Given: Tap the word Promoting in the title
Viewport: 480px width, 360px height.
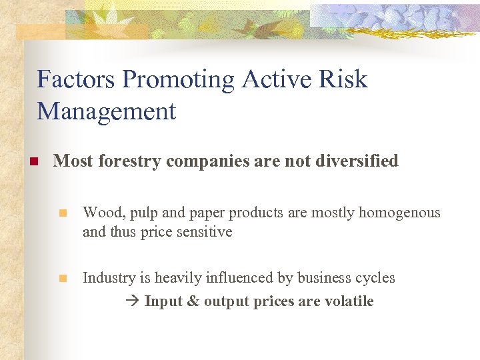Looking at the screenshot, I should pos(179,79).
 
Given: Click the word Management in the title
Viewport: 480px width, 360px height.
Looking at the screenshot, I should pos(107,111).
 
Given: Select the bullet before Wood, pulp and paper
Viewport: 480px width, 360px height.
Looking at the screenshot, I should pos(63,213).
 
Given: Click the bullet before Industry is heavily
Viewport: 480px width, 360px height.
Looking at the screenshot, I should pos(63,279).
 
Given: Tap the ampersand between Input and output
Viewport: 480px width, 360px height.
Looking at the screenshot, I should pos(193,301).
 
